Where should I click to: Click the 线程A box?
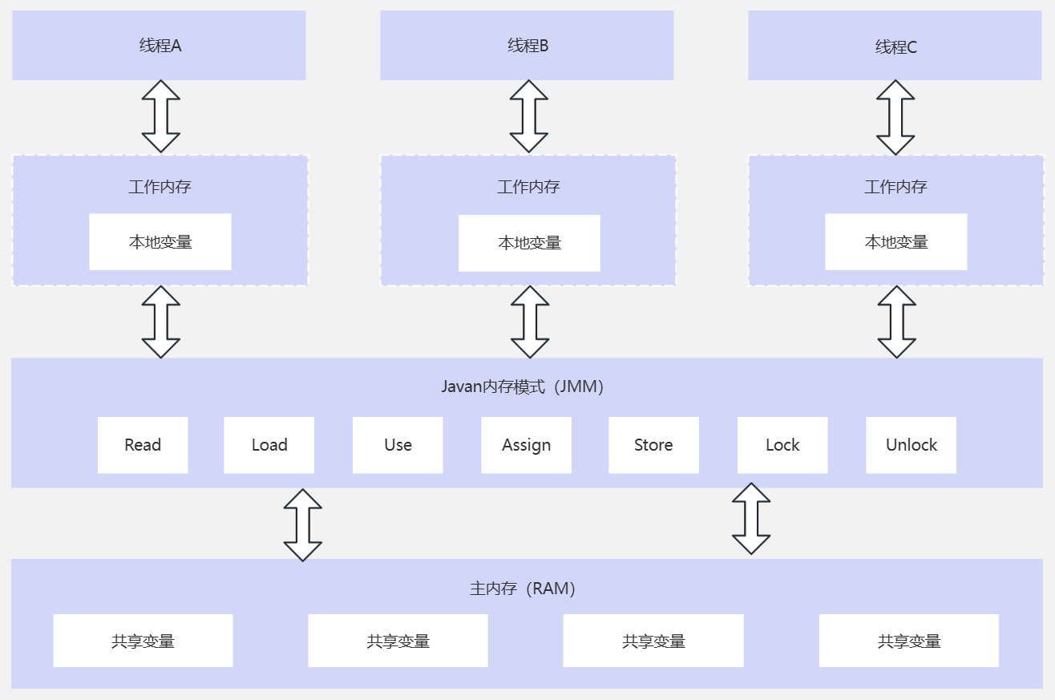159,46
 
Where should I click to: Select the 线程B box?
527,46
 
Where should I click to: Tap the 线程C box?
895,47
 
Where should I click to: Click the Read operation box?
143,445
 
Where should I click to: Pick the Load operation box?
269,445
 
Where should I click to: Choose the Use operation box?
398,445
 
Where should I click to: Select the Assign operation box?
526,445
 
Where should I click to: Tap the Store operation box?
653,445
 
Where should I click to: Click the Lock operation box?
782,445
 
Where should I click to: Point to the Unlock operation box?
911,445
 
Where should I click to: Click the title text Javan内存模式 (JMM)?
522,386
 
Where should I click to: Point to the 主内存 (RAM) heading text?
522,589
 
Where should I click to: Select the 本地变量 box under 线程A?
160,241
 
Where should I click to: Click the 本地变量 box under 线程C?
895,241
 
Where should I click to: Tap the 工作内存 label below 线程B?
528,187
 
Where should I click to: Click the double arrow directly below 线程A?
161,116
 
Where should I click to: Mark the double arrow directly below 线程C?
895,117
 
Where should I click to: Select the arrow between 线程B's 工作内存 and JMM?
530,322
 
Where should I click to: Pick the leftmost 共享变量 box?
143,641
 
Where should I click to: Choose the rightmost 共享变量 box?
908,641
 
